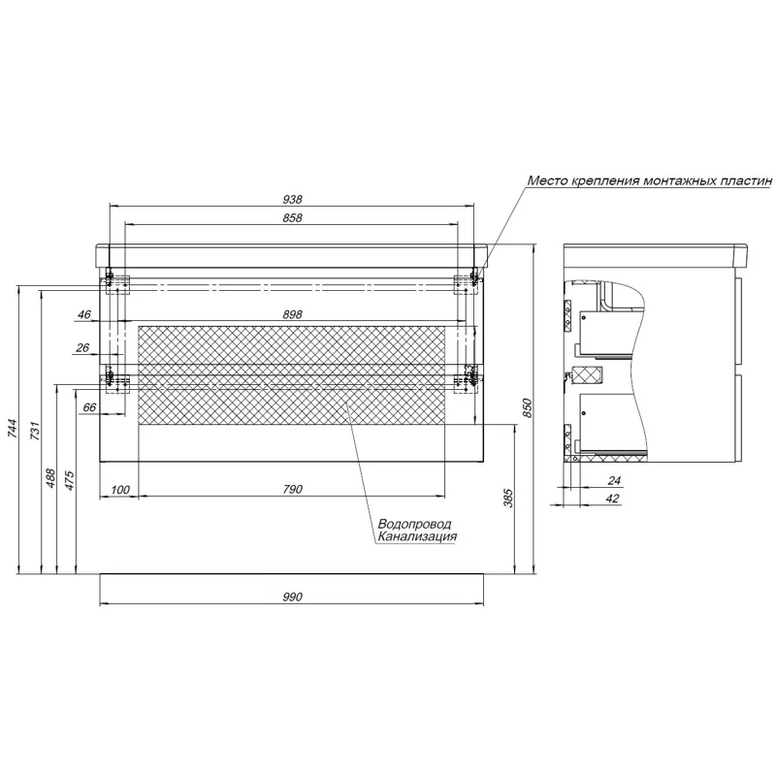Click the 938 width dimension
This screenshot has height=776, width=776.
point(292,200)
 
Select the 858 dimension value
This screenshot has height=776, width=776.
point(292,217)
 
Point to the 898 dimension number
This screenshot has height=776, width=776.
point(292,314)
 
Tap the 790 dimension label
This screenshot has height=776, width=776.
point(292,489)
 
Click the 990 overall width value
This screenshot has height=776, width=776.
point(292,597)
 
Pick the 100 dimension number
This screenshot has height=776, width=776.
point(119,490)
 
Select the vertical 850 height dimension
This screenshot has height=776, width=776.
point(527,407)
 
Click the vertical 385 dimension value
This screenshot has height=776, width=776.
point(507,498)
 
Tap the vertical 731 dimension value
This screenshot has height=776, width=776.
point(35,431)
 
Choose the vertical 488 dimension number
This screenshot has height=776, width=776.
point(50,478)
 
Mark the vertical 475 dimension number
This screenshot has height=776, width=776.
point(69,480)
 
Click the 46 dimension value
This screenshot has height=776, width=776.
point(84,314)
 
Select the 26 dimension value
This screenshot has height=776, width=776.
point(82,347)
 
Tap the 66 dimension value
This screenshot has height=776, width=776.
point(89,407)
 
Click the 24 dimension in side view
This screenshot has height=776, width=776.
point(614,480)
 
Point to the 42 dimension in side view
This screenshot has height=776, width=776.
point(613,499)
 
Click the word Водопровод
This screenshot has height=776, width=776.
point(415,524)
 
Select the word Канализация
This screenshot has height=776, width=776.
point(417,536)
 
